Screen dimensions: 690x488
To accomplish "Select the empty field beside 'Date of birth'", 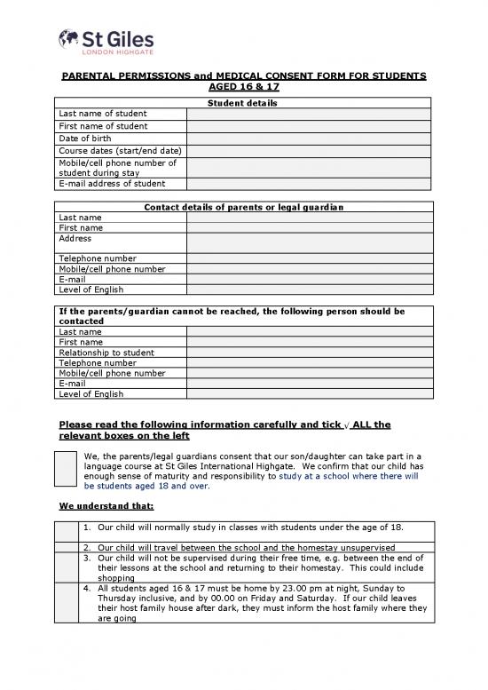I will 308,139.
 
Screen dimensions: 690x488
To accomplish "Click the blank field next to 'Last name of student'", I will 308,115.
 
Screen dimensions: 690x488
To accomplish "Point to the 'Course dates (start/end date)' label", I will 120,150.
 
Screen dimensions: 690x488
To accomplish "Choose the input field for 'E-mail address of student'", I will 308,184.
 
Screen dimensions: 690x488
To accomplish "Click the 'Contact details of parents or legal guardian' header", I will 243,207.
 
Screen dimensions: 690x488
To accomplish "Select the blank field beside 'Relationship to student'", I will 308,353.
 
